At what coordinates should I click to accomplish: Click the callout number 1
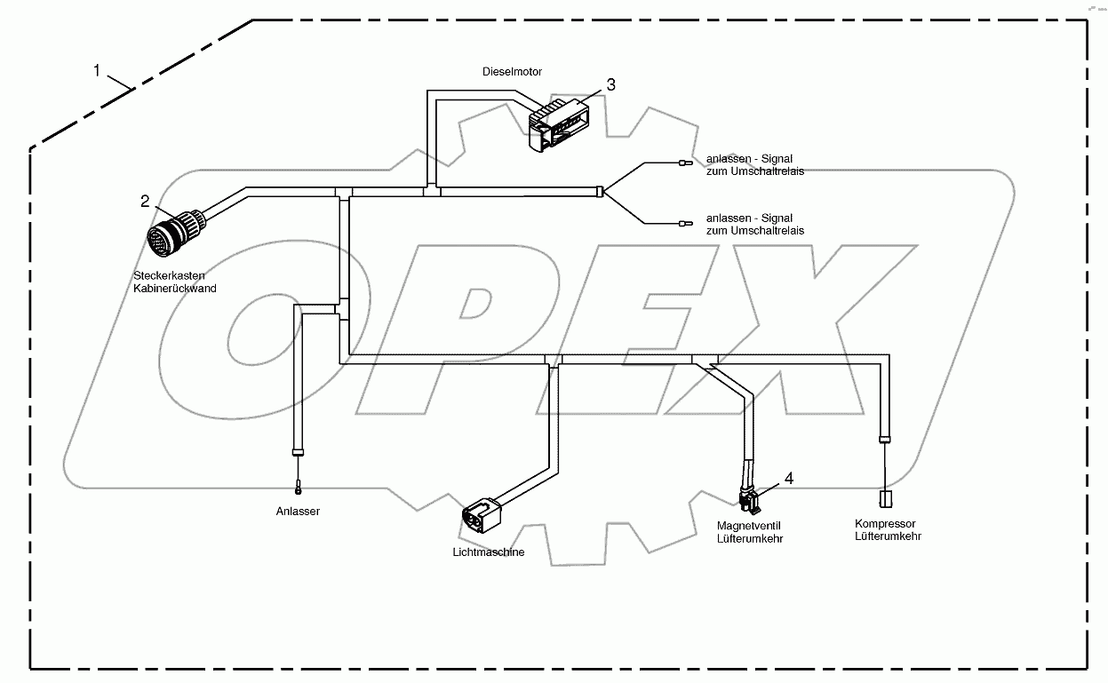(97, 70)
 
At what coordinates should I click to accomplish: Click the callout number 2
(145, 202)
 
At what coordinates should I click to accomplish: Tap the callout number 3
(610, 84)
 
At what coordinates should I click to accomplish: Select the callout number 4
(788, 478)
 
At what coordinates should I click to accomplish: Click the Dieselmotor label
(512, 71)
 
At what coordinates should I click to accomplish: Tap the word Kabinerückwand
(174, 288)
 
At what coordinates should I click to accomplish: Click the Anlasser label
(298, 512)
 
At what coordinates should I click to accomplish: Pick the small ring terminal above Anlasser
(299, 487)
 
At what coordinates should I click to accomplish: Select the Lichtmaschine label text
(488, 552)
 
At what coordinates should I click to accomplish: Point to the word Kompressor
(885, 524)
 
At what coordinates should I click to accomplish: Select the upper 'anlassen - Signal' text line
(749, 159)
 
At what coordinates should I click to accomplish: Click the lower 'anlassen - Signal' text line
(749, 218)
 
